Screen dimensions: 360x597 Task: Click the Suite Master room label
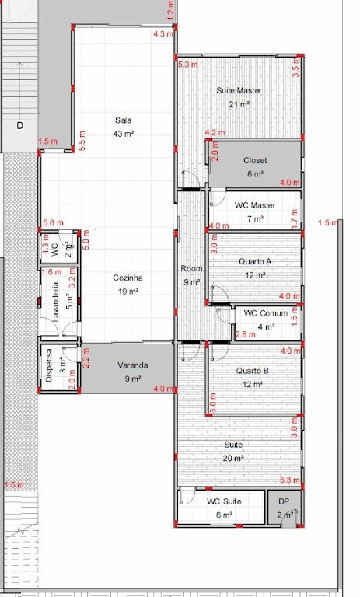click(239, 91)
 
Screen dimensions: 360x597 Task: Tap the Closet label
click(255, 161)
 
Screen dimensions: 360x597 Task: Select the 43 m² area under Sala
click(123, 134)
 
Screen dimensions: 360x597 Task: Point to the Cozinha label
click(128, 278)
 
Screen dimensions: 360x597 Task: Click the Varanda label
click(133, 365)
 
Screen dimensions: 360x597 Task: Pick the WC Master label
click(255, 205)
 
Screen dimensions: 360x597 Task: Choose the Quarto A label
click(255, 262)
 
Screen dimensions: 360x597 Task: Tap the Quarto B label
click(252, 371)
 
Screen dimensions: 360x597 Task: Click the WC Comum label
click(266, 313)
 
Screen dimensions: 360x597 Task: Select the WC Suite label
click(224, 501)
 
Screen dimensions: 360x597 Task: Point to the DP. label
click(285, 502)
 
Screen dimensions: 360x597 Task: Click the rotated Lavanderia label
click(56, 302)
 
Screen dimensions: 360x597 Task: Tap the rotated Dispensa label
click(49, 365)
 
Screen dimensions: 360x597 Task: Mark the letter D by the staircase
click(19, 125)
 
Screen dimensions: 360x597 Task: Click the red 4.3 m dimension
click(163, 34)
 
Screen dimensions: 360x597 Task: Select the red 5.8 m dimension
click(54, 223)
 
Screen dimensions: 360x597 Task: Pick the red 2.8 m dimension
click(246, 335)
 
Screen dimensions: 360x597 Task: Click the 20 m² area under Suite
click(233, 459)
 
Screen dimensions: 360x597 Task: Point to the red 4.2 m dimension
click(215, 133)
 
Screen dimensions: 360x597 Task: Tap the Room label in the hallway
click(191, 269)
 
